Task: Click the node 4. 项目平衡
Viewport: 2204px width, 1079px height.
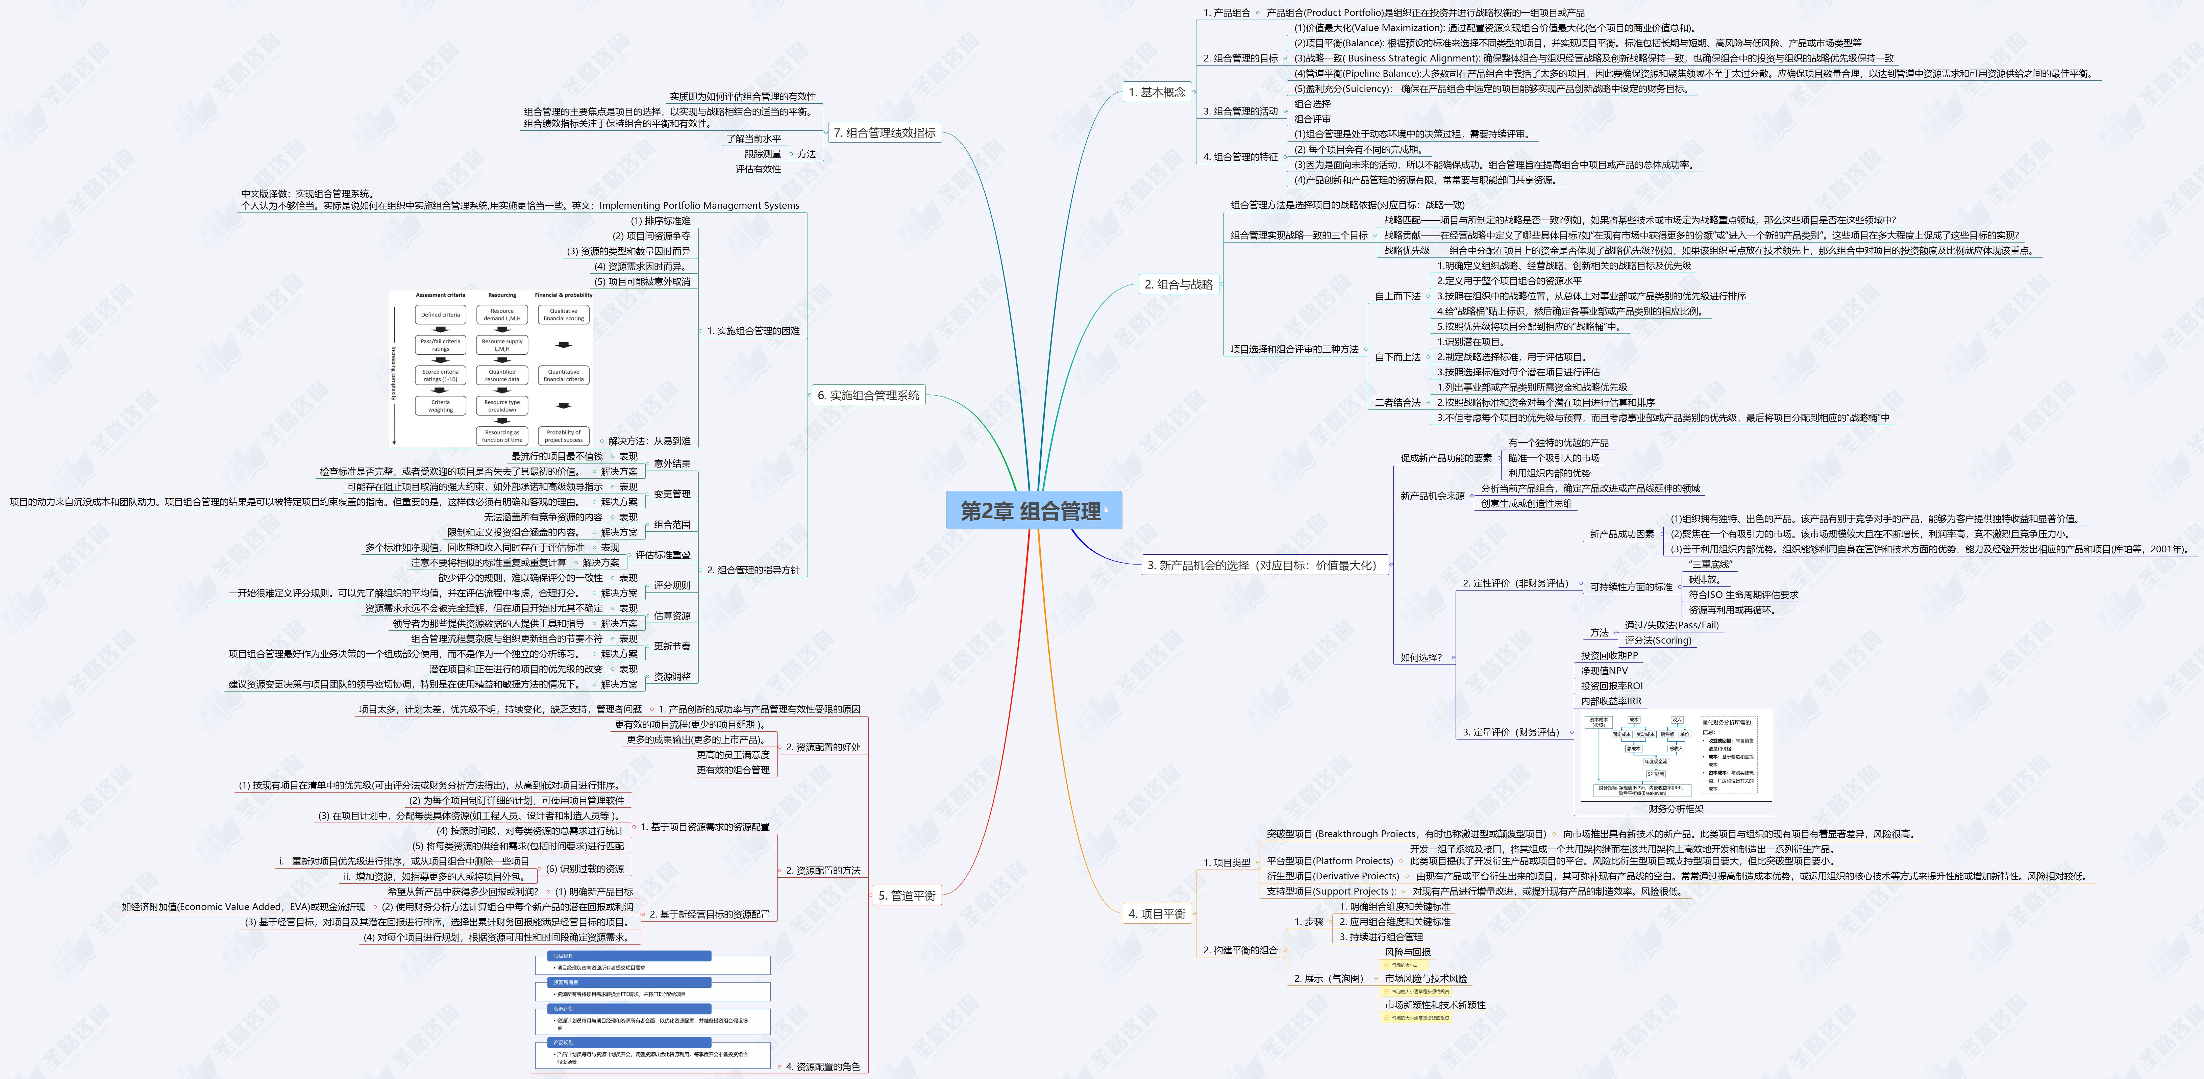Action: [x=1157, y=914]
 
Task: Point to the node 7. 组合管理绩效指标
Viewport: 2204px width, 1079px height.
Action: [x=885, y=133]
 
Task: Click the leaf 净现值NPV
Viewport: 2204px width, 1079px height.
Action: [x=1604, y=671]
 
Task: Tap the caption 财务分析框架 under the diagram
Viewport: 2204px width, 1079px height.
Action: [x=1675, y=809]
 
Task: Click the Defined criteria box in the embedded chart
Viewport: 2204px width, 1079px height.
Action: [x=441, y=315]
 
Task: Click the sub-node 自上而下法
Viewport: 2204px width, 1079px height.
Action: [x=1397, y=296]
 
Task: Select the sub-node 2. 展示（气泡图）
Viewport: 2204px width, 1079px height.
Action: [x=1328, y=978]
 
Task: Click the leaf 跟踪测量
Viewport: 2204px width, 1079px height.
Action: [x=762, y=154]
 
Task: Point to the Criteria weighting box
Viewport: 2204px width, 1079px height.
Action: [x=441, y=406]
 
